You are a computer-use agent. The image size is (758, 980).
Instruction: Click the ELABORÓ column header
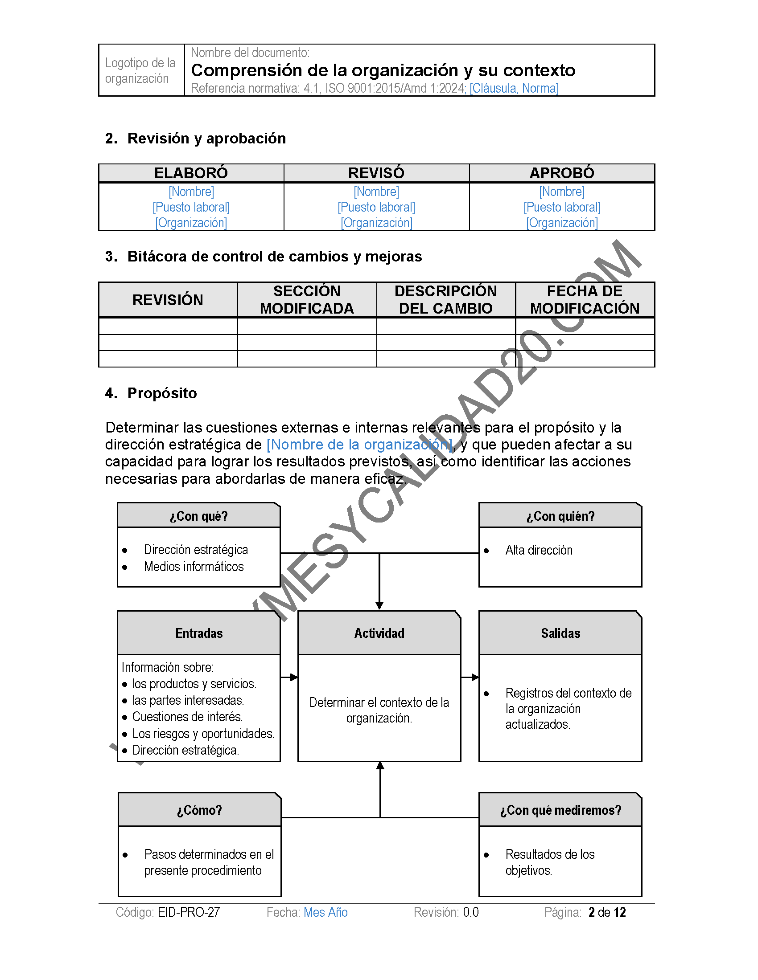pos(191,173)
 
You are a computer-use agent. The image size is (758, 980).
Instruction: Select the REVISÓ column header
pos(376,173)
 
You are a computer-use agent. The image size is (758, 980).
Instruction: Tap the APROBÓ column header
pos(562,173)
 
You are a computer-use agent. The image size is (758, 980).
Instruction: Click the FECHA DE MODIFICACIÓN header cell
pos(585,300)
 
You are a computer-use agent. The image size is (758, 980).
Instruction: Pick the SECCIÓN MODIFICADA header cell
pos(307,300)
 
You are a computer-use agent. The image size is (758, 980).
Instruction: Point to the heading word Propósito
pos(162,393)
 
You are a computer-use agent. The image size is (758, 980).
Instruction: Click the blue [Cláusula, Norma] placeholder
pos(514,88)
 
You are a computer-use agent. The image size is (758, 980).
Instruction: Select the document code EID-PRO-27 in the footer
pos(189,912)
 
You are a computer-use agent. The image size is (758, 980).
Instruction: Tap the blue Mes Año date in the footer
pos(325,912)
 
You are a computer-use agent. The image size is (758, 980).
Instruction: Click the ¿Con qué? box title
pos(198,516)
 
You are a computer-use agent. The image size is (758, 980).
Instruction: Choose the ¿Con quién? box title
pos(560,516)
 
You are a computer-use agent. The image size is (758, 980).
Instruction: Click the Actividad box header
pos(379,633)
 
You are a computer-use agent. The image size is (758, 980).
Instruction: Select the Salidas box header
pos(560,633)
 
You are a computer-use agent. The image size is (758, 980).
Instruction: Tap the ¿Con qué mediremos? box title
pos(560,810)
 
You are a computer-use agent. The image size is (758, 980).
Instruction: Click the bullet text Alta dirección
pos(539,550)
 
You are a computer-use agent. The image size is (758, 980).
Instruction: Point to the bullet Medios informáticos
pos(194,567)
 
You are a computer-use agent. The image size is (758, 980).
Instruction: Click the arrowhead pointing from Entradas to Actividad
pos(294,677)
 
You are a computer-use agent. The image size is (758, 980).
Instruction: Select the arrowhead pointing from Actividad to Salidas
pos(475,677)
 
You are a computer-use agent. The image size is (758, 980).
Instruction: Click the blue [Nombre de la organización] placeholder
pos(359,445)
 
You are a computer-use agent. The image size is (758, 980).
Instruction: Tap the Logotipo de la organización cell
pos(140,70)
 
